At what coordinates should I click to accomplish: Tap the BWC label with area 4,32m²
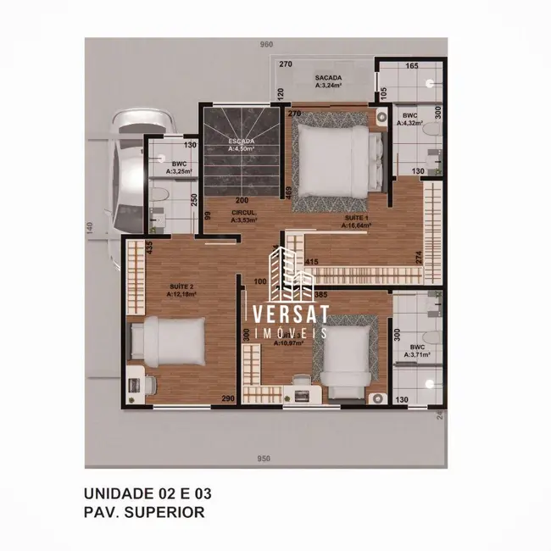click(410, 119)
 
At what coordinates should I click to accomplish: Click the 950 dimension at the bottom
click(264, 459)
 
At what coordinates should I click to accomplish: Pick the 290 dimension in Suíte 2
click(228, 398)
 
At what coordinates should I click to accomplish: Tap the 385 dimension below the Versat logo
click(321, 294)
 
